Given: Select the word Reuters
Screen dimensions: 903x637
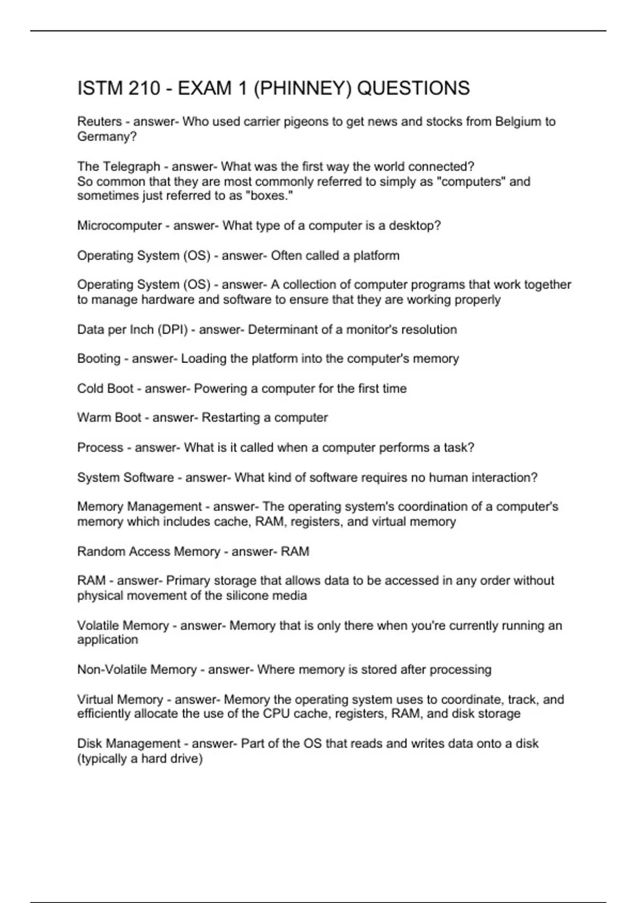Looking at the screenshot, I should (99, 122).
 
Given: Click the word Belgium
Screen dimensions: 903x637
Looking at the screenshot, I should (515, 122).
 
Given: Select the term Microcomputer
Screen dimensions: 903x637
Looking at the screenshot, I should (119, 225).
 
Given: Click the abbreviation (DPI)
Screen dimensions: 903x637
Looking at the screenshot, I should (173, 329).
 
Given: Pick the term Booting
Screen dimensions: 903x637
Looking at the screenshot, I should (99, 359).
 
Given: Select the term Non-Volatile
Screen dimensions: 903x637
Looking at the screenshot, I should (110, 669).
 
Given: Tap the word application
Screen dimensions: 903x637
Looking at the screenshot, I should (107, 640).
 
